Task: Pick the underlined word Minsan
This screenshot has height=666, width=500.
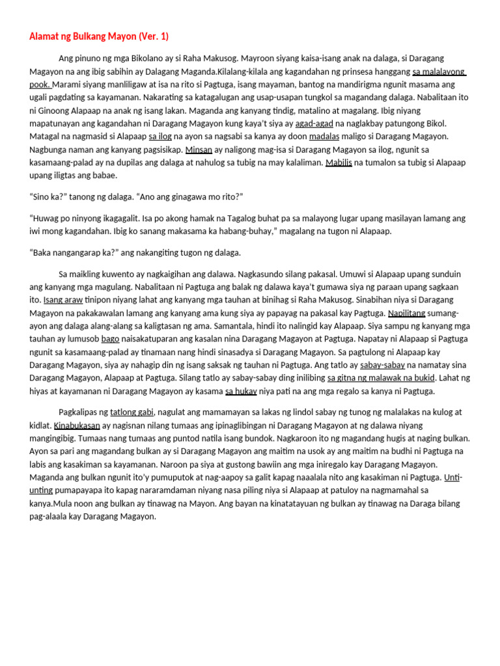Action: click(199, 149)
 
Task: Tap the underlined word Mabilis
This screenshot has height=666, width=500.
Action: click(339, 162)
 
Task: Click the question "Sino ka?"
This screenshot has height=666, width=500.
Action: click(49, 196)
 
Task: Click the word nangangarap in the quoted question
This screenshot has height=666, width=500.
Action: click(85, 252)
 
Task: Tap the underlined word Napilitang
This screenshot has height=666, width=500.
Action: click(406, 313)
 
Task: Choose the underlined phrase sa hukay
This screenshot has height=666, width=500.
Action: click(241, 391)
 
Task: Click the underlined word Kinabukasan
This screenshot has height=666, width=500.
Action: click(77, 425)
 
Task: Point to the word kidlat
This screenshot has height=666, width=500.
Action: click(40, 425)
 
